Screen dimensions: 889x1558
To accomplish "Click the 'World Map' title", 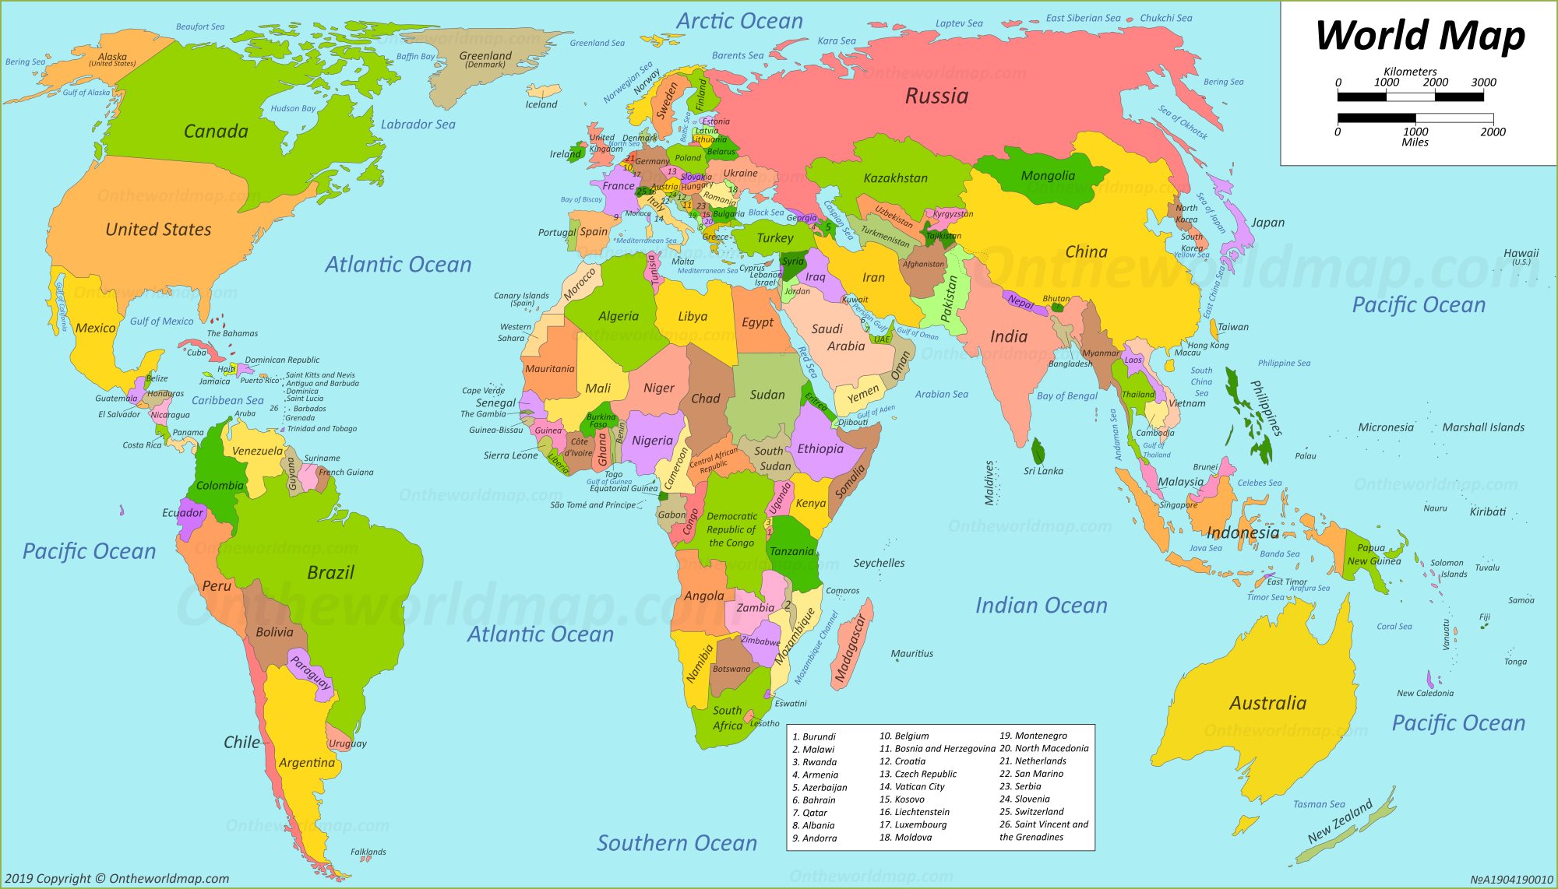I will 1419,36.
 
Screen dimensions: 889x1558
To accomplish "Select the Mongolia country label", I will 1048,176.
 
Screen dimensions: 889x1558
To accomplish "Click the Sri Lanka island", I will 1038,452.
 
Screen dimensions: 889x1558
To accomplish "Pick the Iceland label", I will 541,104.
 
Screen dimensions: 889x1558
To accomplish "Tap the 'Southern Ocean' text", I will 676,843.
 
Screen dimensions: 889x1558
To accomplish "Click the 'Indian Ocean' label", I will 1041,606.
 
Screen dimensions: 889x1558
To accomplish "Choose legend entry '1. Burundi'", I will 814,736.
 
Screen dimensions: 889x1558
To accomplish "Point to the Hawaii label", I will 1521,253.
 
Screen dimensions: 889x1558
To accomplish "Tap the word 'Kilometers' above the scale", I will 1410,72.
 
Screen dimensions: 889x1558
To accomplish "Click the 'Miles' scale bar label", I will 1415,142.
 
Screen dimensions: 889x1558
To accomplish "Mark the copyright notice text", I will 118,879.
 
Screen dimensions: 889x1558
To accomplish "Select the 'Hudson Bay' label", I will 293,109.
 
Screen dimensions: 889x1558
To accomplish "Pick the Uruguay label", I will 347,743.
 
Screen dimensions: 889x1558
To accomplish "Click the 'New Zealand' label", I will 1340,821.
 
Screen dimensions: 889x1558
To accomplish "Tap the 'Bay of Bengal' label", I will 1066,396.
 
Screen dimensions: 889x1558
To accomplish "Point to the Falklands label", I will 368,852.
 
